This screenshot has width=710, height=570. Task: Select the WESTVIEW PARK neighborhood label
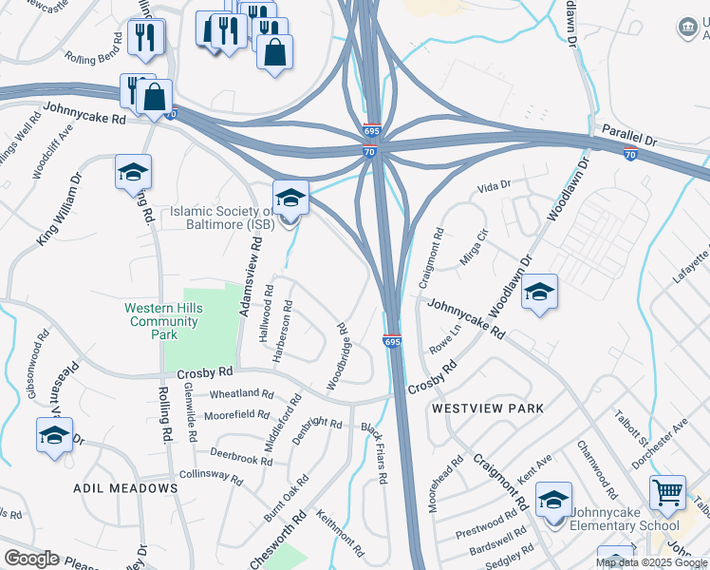coord(488,408)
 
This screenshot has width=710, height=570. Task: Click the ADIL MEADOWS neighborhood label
coord(125,488)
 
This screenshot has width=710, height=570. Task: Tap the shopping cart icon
coord(668,493)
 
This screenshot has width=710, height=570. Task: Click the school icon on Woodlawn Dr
coord(539,292)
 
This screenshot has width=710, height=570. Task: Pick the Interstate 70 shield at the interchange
coord(370,152)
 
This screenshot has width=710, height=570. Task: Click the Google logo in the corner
coord(31,559)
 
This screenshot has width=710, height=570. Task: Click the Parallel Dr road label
coord(624,135)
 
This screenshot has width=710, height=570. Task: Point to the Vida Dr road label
coord(494,185)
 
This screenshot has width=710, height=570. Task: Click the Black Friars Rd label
coord(374,454)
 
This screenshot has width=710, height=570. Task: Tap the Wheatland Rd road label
coord(241,393)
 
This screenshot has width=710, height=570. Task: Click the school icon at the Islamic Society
coord(290,197)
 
